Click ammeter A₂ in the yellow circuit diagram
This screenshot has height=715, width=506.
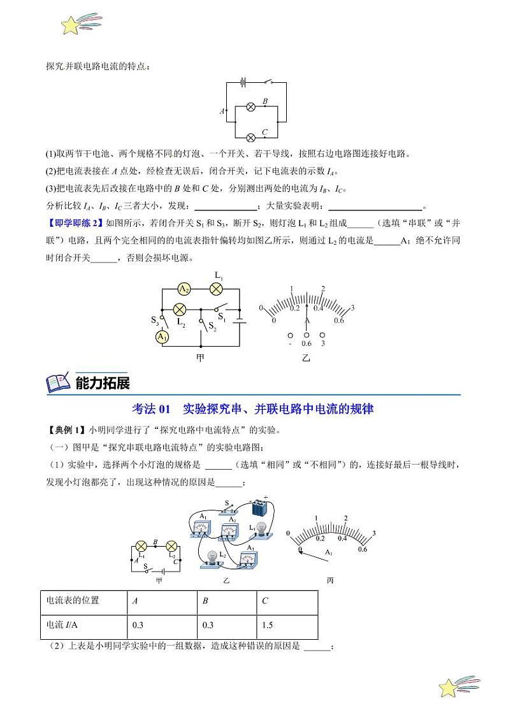click(184, 289)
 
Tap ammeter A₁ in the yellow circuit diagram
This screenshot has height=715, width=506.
click(163, 336)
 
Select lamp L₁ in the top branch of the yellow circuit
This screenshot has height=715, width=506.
click(215, 289)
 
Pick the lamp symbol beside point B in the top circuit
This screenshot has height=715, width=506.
click(251, 107)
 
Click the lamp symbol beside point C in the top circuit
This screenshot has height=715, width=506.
click(251, 137)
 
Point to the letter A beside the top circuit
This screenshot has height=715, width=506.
click(222, 111)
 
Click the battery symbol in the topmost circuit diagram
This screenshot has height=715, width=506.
click(243, 82)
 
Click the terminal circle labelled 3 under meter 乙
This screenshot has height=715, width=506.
click(322, 335)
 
